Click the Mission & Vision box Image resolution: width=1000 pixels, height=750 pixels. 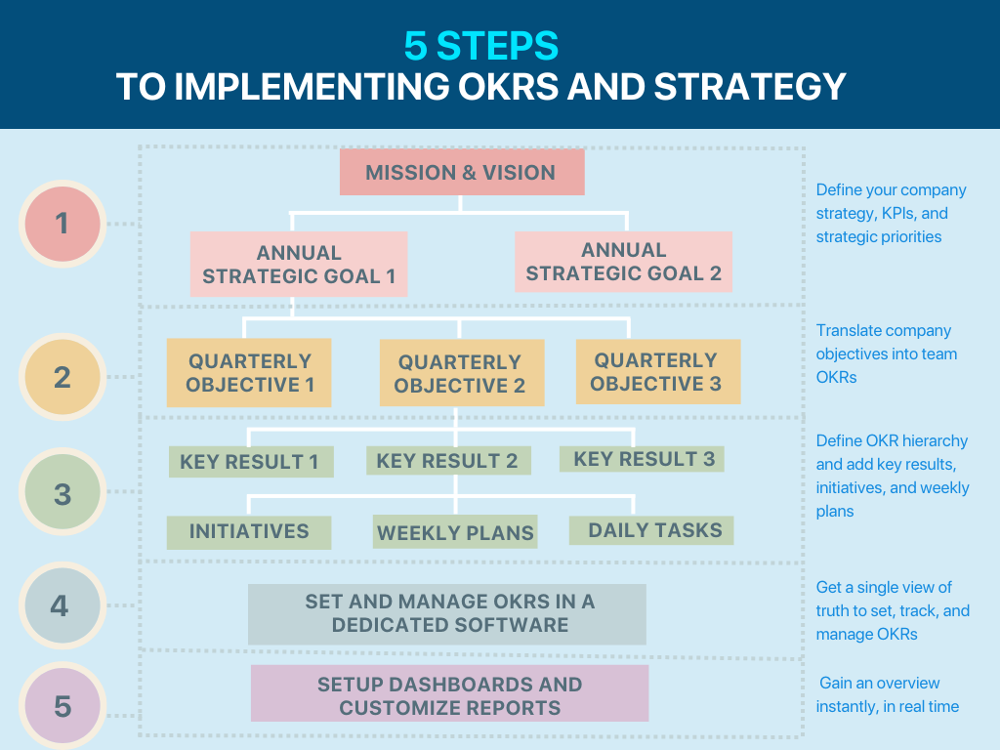tap(462, 172)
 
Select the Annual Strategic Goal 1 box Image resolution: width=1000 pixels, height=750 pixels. tap(299, 264)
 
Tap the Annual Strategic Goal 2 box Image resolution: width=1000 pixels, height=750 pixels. tap(623, 262)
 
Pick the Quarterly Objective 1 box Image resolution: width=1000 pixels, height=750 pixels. tap(249, 372)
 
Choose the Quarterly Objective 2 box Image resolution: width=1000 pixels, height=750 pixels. tap(462, 372)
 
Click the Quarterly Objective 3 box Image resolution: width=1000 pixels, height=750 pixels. tap(658, 371)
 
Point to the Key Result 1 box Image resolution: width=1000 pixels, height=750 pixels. tap(251, 462)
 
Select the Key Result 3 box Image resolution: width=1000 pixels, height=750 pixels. tap(642, 459)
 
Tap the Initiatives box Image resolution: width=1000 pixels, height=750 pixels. tap(249, 532)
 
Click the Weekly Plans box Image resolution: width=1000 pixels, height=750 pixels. tap(455, 532)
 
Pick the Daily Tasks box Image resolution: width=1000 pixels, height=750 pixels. tap(651, 530)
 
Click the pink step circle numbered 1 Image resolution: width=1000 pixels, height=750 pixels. tap(62, 224)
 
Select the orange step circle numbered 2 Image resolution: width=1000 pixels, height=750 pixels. tap(62, 377)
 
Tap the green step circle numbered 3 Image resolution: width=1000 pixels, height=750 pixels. tap(62, 492)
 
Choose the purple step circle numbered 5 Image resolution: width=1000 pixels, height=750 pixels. tap(62, 705)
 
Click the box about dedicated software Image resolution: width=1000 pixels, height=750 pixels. tap(447, 614)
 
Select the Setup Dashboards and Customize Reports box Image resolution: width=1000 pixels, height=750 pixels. tap(449, 693)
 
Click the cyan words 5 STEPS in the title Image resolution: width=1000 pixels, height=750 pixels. tap(480, 46)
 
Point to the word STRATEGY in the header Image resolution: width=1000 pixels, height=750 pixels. tap(750, 87)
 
